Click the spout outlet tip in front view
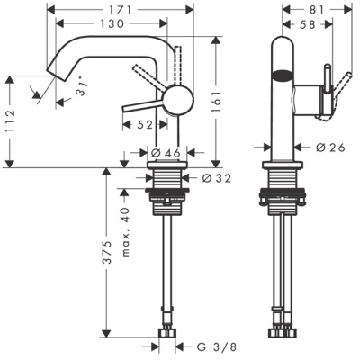coord(55,76)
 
